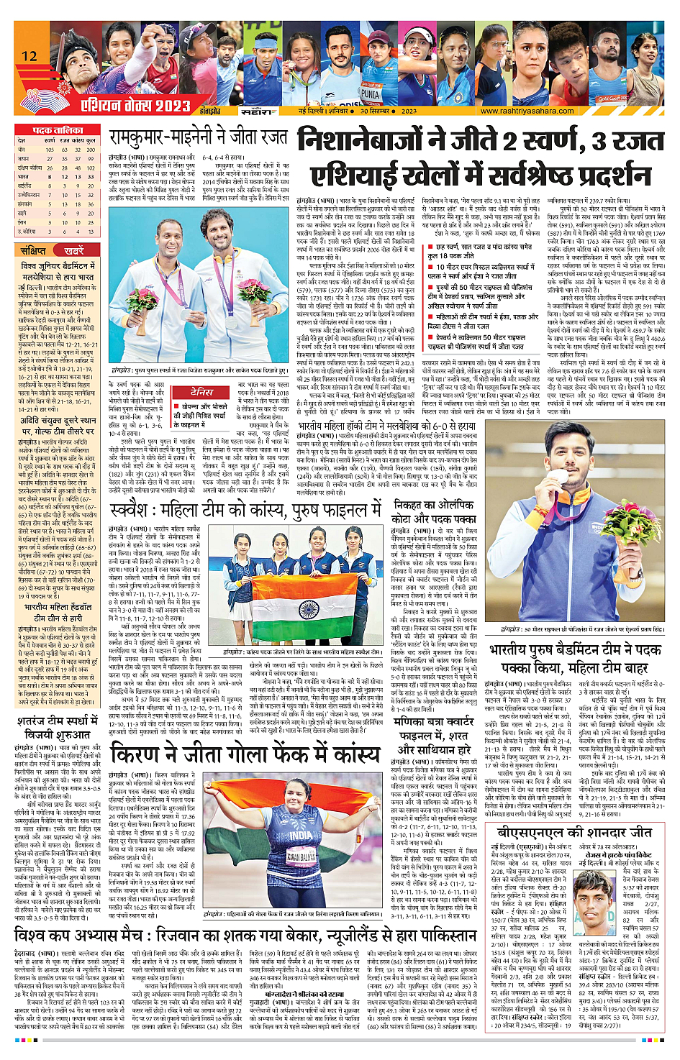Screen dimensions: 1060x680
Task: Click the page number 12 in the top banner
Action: coord(30,56)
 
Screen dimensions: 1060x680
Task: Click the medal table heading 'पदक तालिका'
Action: coord(58,131)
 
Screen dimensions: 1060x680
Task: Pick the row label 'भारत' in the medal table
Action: coord(24,176)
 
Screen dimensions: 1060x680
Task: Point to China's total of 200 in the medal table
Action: coord(91,150)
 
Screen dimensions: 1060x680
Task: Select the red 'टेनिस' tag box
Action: coord(201,392)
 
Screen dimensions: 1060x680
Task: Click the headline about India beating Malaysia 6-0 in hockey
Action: coord(387,426)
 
